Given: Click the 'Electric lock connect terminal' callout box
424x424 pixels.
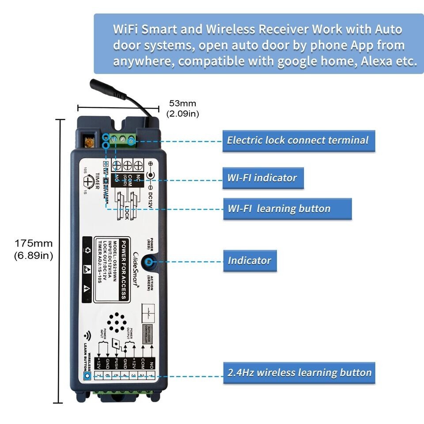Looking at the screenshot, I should pos(298,141).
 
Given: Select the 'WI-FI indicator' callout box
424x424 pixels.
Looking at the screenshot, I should pos(263,178).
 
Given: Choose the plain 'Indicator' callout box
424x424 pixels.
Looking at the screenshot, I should pos(250,260).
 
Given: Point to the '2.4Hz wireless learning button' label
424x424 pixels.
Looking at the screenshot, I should pos(299,372).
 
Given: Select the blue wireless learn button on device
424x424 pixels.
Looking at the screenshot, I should pos(87,376).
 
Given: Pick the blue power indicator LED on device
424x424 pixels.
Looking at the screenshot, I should pos(149,261).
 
